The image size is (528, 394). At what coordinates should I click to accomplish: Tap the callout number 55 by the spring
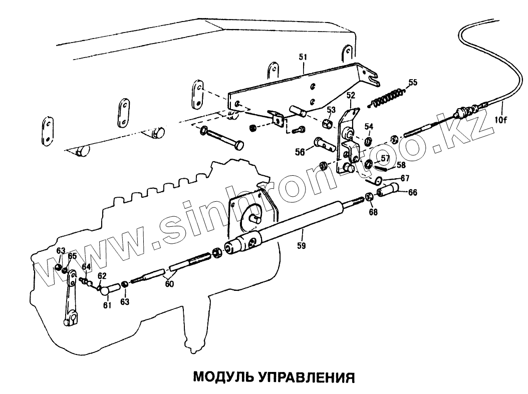pos(412,82)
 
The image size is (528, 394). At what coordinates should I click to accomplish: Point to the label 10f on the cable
pos(501,120)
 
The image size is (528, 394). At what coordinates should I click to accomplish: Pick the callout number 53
pos(331,110)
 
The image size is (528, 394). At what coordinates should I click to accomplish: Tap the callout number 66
pos(412,192)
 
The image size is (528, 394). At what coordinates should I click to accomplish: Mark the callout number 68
pos(374,212)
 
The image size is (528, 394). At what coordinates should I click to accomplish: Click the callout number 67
pos(405,178)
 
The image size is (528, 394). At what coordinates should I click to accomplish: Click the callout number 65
pos(72,256)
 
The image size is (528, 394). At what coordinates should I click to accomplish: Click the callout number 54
pos(368,126)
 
